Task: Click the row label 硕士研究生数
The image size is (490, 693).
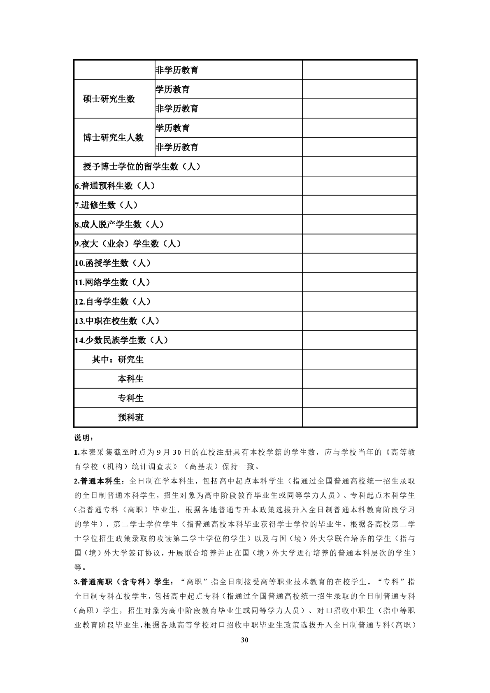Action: pos(109,99)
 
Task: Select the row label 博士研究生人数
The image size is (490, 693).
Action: pos(113,138)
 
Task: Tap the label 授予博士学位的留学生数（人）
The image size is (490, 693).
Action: pos(142,167)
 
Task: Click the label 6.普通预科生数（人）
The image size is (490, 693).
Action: pos(115,186)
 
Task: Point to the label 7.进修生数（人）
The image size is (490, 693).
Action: pos(106,205)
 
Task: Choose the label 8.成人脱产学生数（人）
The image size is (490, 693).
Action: pos(119,225)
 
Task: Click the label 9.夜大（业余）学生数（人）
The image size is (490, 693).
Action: pos(128,244)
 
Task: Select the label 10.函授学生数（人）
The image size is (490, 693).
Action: pos(113,263)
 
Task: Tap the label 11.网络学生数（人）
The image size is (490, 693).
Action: pos(113,283)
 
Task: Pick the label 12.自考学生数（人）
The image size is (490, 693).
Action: pos(113,302)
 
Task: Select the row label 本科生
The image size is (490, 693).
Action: pos(131,379)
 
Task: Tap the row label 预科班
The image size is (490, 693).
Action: pos(131,418)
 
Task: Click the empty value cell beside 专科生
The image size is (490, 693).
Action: pos(360,398)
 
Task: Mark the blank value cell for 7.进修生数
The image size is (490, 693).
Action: pos(360,205)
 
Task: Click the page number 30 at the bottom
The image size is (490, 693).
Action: pos(245,651)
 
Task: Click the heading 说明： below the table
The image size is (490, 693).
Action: pos(84,437)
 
